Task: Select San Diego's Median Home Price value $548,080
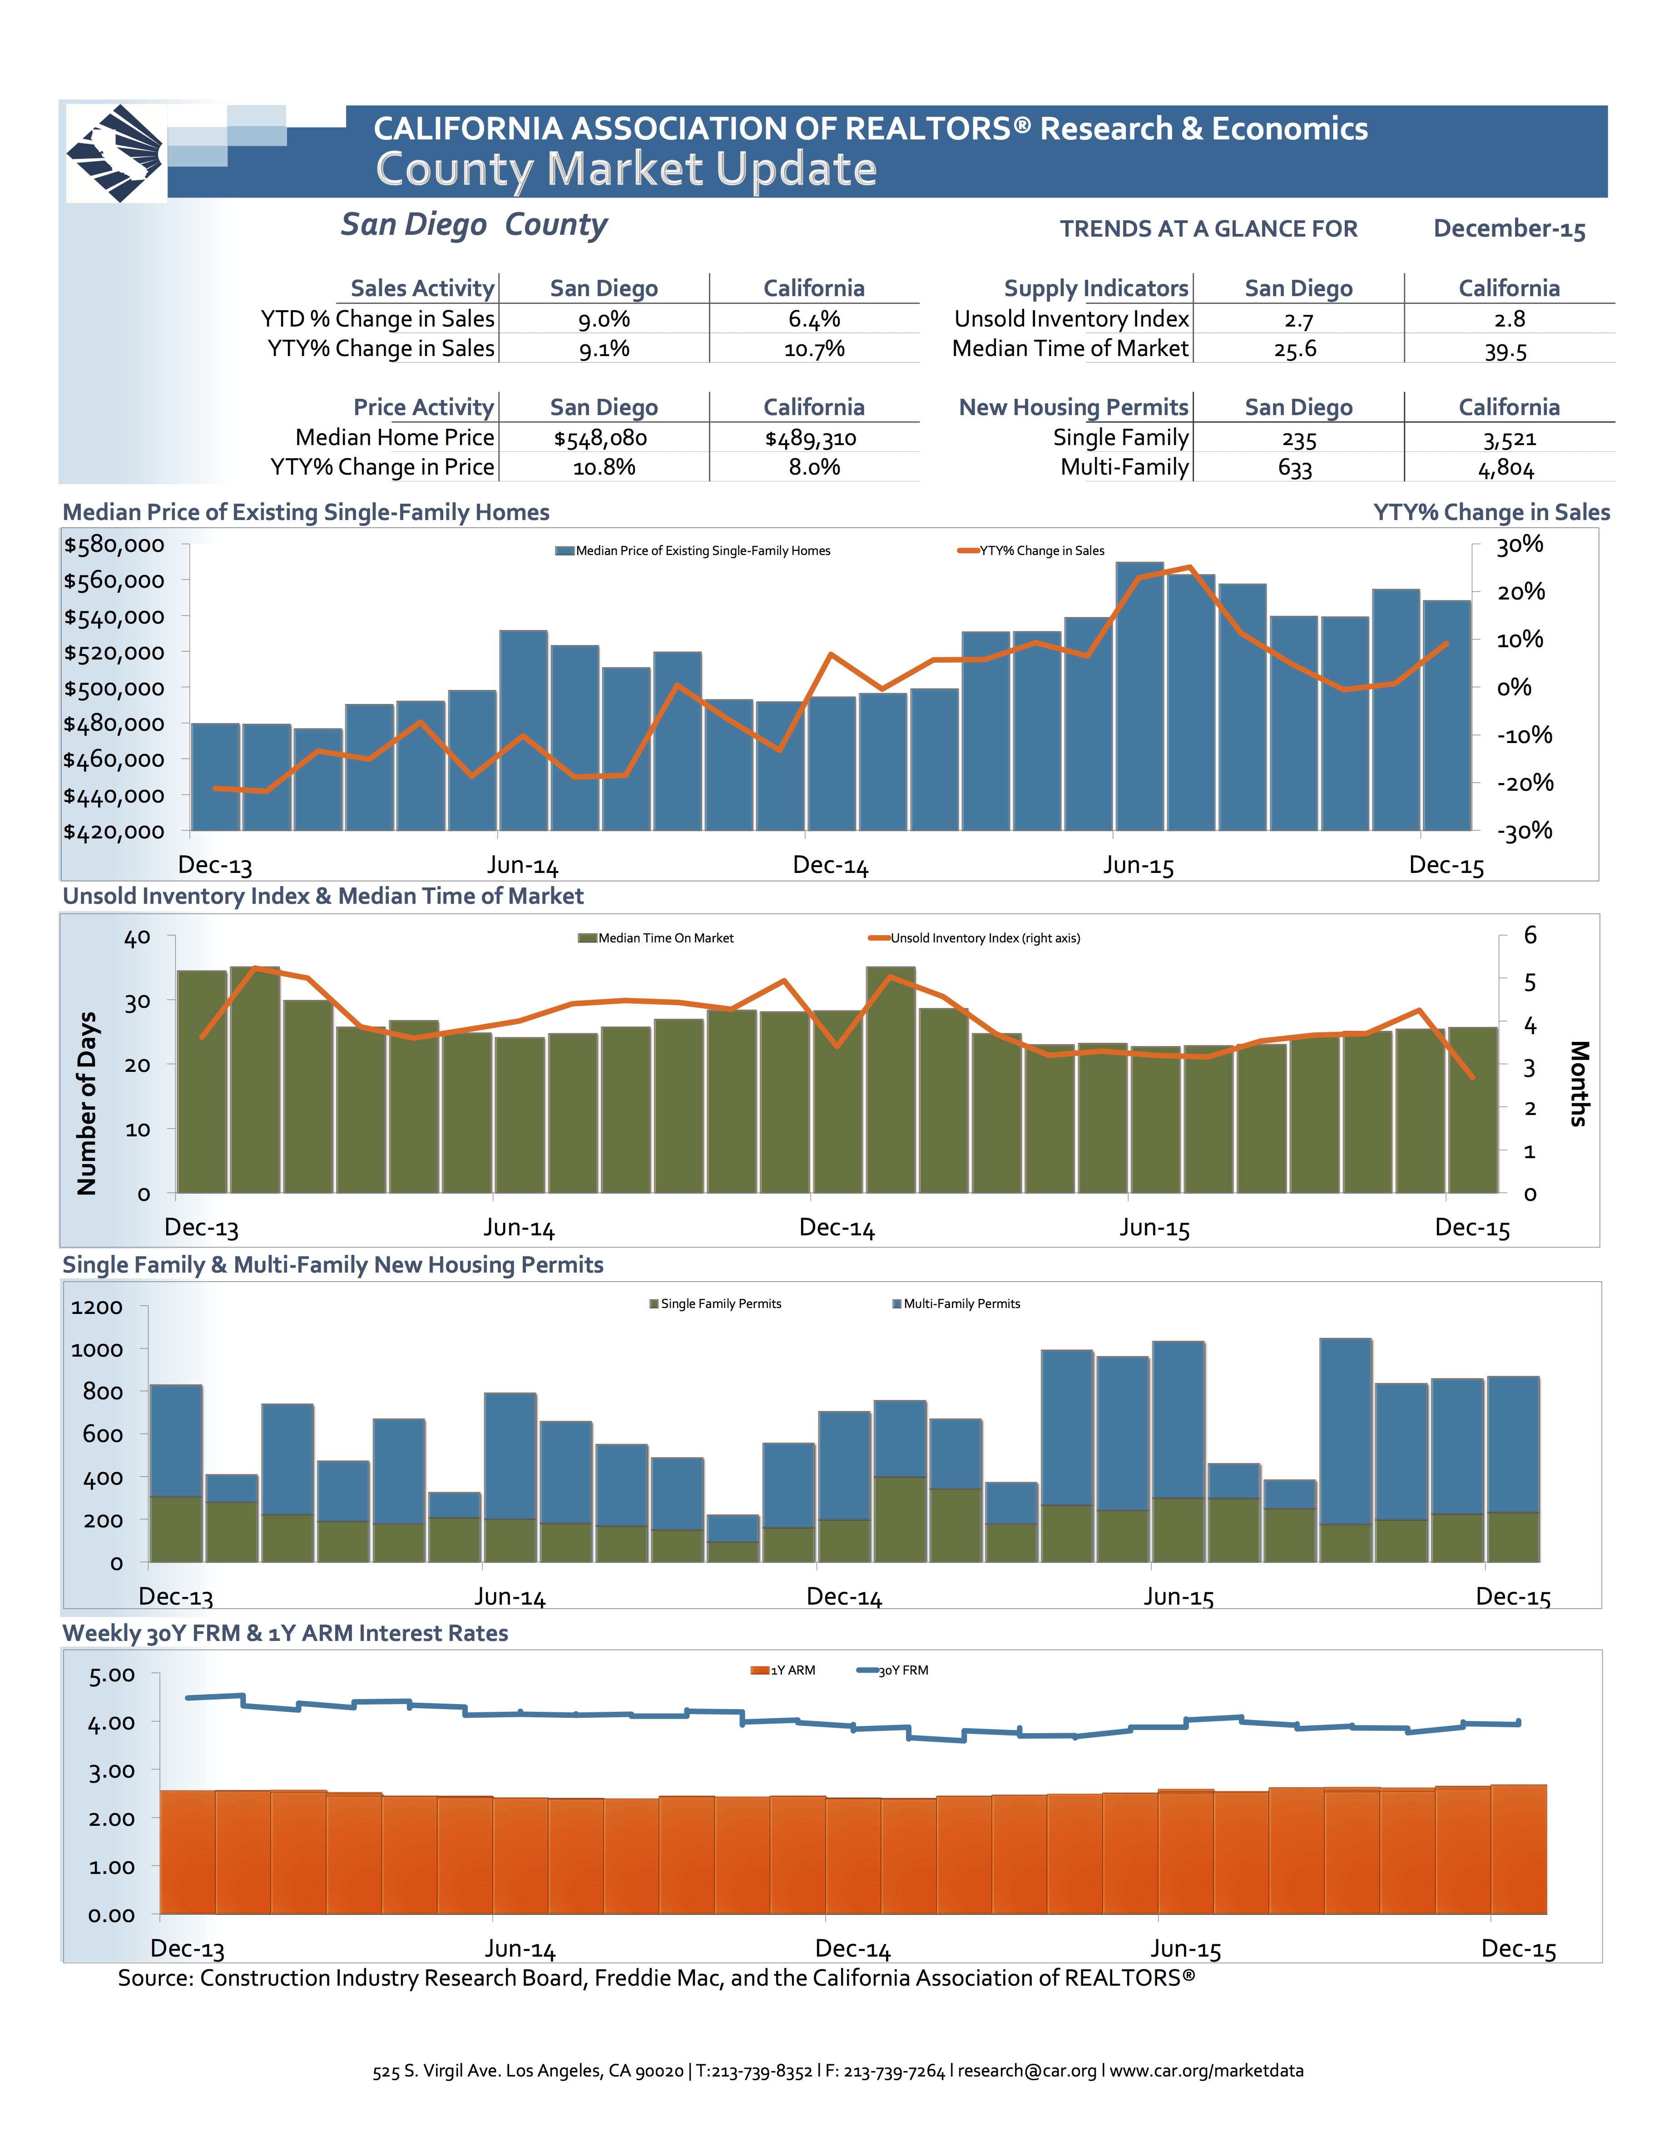tap(600, 438)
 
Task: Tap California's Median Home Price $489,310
tap(811, 438)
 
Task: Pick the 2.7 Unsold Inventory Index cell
tap(1298, 320)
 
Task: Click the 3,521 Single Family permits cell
tap(1508, 439)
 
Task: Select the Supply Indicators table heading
tap(1095, 288)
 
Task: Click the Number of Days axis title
tap(87, 1103)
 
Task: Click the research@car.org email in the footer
tap(1026, 2071)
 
